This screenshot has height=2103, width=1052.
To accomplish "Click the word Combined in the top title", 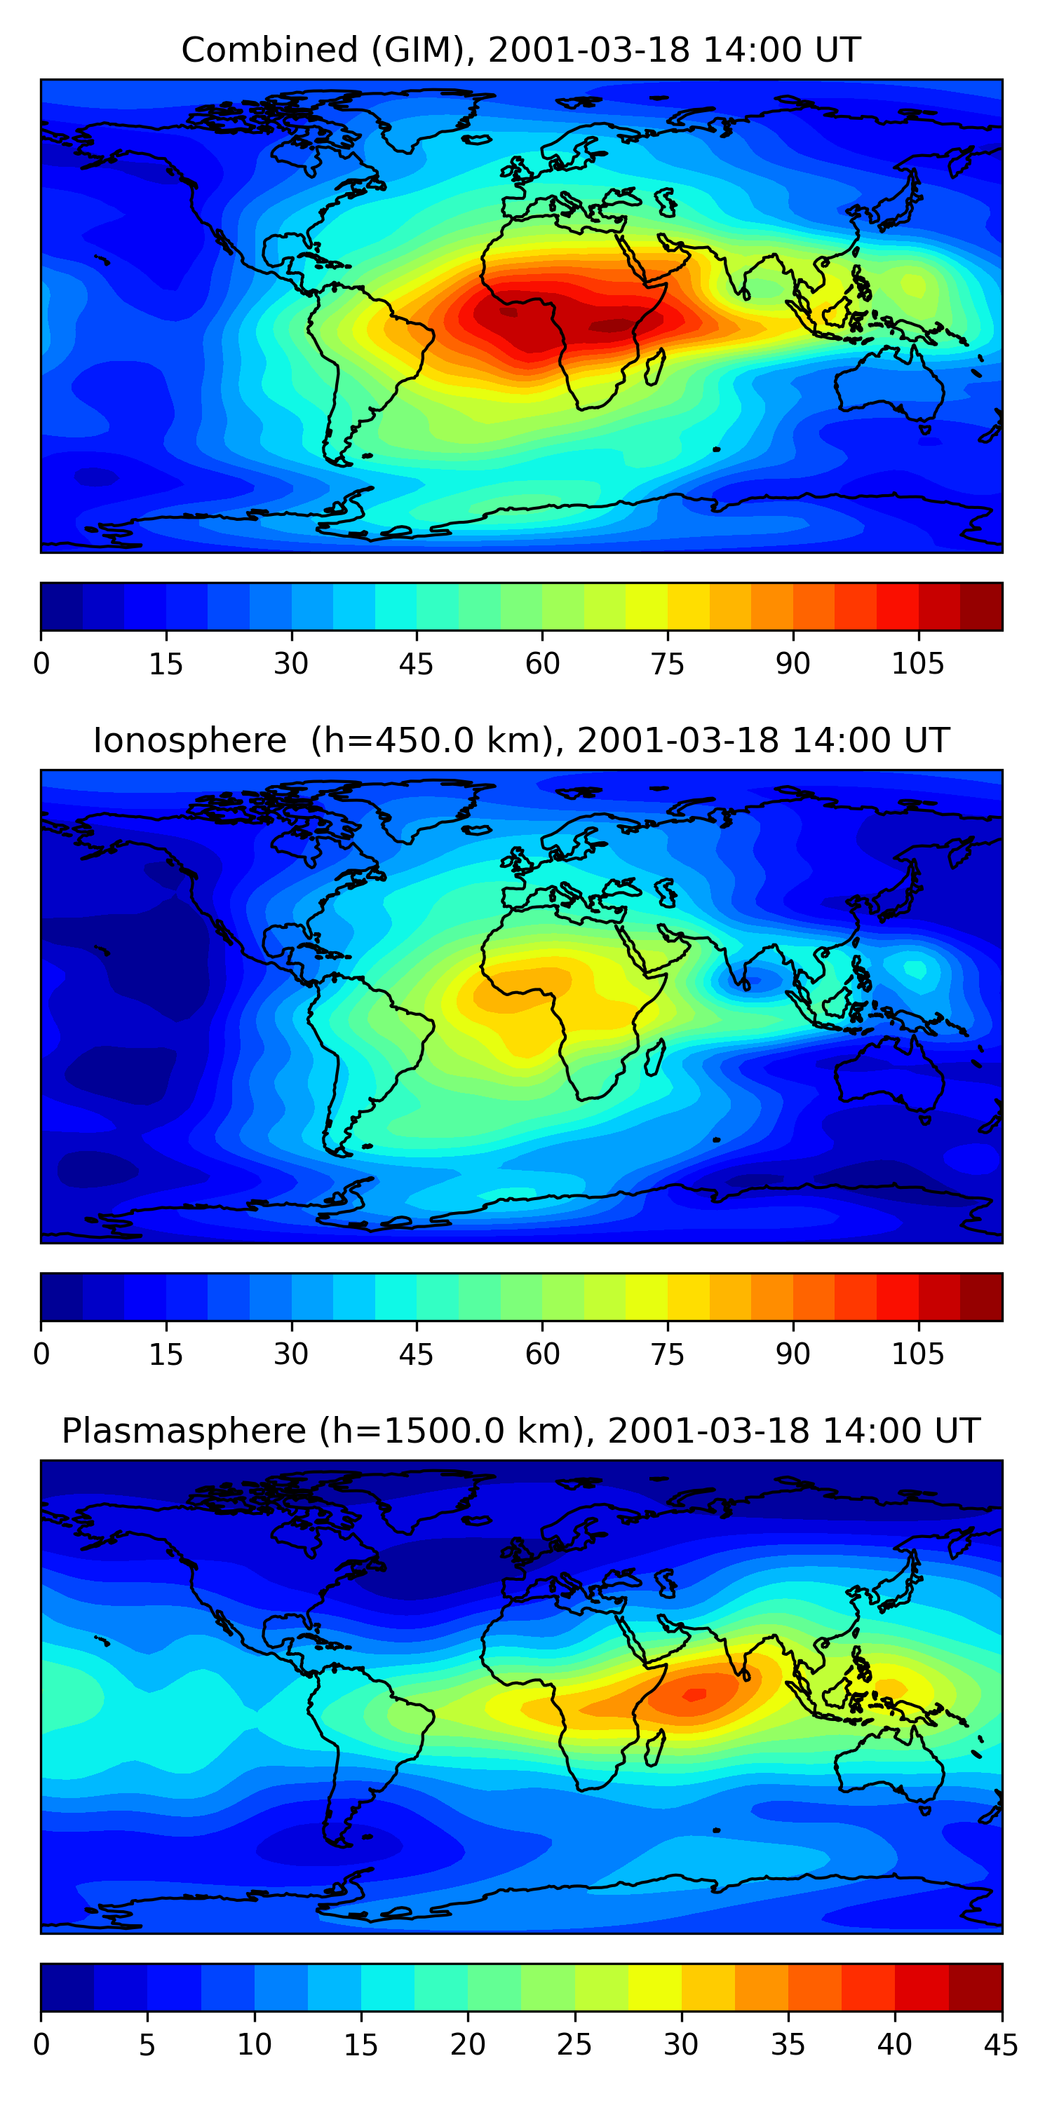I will click(269, 50).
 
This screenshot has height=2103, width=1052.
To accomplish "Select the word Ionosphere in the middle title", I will click(189, 740).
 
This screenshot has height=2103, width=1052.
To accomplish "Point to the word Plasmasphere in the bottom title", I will click(184, 1431).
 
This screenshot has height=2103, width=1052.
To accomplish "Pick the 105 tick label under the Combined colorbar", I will click(917, 664).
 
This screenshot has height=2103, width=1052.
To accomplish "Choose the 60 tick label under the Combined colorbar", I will click(542, 664).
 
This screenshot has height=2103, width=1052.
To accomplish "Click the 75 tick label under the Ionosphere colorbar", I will click(667, 1354).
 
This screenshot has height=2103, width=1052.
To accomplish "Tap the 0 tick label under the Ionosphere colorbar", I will click(41, 1354).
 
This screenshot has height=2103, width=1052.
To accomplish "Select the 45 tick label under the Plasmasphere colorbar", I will click(1001, 2045).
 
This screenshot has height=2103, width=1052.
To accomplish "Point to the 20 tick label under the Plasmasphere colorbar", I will click(468, 2045).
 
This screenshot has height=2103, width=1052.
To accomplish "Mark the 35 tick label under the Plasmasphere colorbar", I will click(788, 2045).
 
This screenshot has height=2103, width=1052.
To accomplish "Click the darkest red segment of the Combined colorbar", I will click(981, 606).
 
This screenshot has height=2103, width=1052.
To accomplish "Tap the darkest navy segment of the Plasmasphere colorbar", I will click(67, 1988).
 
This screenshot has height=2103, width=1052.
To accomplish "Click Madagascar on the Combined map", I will click(654, 368).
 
